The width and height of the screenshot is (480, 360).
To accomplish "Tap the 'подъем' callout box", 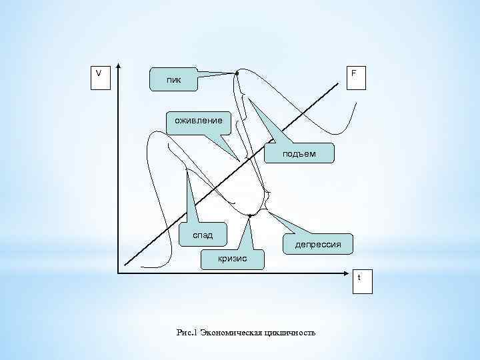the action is click(x=299, y=153).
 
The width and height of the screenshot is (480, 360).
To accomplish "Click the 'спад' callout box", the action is click(x=203, y=235).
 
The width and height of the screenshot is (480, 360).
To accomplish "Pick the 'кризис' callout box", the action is click(x=232, y=257).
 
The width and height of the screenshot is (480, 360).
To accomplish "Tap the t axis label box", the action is click(x=361, y=281).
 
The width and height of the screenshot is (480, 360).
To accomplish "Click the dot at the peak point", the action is click(x=237, y=73).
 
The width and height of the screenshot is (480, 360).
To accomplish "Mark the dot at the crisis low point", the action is click(x=248, y=216).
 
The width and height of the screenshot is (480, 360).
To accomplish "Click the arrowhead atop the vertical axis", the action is click(x=118, y=67).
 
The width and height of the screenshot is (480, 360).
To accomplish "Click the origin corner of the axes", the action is click(x=118, y=273).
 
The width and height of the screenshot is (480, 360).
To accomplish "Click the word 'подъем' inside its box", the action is click(x=299, y=154).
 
